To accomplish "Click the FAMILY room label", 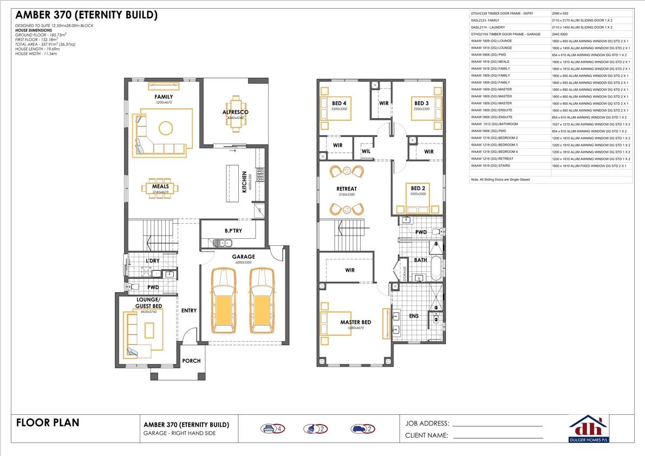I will coord(164,97).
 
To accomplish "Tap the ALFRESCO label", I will coord(235,112).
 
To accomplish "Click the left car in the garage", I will coord(224,301).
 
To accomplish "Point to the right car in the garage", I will coord(259,301).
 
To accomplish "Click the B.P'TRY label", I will coord(233,231).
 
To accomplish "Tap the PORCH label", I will coord(191,361).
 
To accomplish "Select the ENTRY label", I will coord(189,310).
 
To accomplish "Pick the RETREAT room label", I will coord(347,189).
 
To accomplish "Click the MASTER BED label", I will coord(355,322).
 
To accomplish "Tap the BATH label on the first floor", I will coord(421,260).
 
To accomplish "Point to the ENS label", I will coord(414,316).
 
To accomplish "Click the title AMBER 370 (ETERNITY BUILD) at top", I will coord(86,16).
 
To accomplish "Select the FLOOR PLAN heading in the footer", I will coord(48,422).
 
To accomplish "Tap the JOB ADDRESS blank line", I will coord(497,426).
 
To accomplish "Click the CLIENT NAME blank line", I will coord(497,438).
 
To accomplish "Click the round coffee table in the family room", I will coord(166,128).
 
